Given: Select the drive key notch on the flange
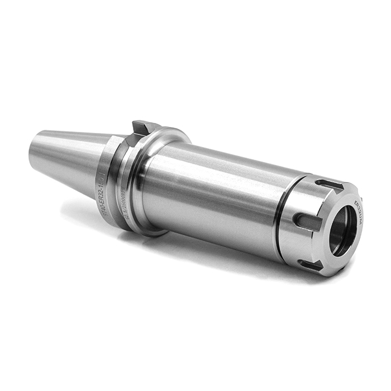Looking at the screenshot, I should click(140, 128).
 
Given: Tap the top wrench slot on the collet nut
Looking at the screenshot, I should click(328, 184).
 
